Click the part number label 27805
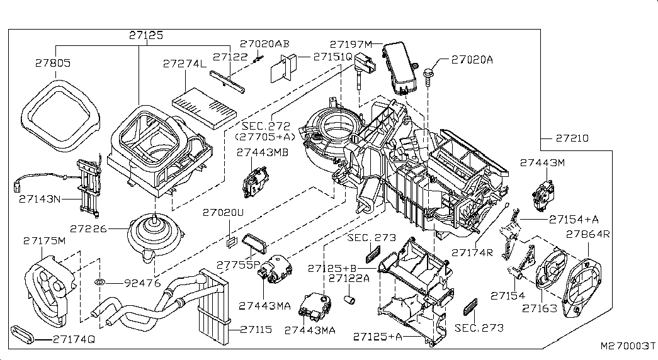[53, 64]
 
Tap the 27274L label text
[184, 64]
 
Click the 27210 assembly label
[572, 138]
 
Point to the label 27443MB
[263, 152]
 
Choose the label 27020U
[222, 213]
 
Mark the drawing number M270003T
[627, 347]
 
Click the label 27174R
[472, 252]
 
